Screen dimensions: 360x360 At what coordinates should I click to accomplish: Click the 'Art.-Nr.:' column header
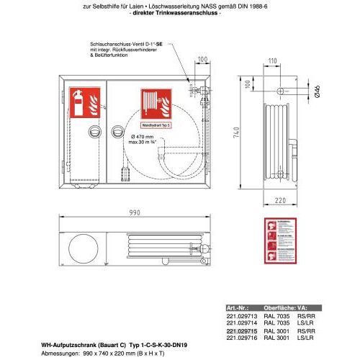238,307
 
